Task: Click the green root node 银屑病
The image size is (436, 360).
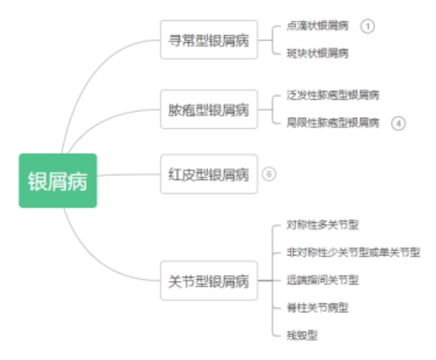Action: (x=57, y=181)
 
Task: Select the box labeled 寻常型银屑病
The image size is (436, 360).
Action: (x=208, y=39)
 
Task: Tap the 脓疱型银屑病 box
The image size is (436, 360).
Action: (x=208, y=109)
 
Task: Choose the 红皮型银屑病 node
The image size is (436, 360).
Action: (x=208, y=174)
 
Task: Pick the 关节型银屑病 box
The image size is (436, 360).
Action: (x=208, y=280)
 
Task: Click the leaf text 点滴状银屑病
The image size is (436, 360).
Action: (x=318, y=26)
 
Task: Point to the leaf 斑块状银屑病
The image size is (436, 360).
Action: (x=318, y=53)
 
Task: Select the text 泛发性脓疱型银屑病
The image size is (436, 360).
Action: (x=333, y=96)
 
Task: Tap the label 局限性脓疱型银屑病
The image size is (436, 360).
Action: (x=333, y=123)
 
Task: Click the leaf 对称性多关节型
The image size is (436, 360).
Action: (x=323, y=225)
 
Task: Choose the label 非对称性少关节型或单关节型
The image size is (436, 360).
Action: (x=353, y=253)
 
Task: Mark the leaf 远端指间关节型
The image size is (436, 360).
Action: (x=323, y=280)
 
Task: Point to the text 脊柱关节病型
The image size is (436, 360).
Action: (x=318, y=307)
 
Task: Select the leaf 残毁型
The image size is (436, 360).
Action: (x=302, y=335)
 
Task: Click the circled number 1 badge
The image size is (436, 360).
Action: (x=367, y=26)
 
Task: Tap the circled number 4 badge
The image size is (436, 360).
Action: (x=398, y=123)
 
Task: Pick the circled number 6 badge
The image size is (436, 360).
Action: (x=269, y=174)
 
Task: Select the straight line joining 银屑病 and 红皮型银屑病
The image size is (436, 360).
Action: (x=128, y=174)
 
